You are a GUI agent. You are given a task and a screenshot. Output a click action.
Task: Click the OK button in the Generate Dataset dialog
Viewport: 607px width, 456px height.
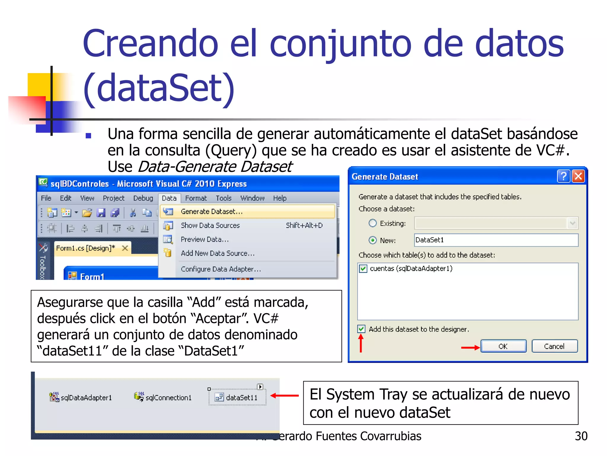(503, 346)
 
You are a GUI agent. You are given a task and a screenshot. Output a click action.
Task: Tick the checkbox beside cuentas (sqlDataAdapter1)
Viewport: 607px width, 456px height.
(363, 269)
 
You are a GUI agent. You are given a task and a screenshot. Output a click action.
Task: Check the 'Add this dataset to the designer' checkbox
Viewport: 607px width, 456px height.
(361, 329)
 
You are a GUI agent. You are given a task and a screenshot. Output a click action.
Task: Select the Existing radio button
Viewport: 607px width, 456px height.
(373, 223)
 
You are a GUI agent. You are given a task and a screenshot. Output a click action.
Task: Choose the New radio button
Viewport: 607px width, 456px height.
(373, 240)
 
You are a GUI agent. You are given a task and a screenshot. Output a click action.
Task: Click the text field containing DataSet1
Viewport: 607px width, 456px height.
(496, 240)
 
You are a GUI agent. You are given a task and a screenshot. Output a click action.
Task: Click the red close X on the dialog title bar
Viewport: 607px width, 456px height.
(578, 176)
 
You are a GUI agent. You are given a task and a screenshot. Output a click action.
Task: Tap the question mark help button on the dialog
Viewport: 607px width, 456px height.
(563, 176)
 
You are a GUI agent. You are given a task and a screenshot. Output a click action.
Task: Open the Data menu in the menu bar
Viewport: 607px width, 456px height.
(169, 198)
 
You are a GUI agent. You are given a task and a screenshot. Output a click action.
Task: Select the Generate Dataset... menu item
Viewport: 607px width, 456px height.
(212, 212)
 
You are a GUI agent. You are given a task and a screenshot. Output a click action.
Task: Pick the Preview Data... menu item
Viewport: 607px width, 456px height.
(205, 239)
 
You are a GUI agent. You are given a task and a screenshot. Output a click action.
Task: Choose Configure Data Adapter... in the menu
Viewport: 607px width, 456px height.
(221, 269)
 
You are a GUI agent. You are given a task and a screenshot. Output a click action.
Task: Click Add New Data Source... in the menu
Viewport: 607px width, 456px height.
(218, 253)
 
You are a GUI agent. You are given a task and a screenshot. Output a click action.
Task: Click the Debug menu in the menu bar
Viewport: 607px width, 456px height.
(143, 198)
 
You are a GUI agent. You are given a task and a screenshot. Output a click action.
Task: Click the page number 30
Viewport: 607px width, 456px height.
(581, 436)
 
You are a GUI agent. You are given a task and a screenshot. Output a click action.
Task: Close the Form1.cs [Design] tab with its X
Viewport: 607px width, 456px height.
(125, 248)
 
